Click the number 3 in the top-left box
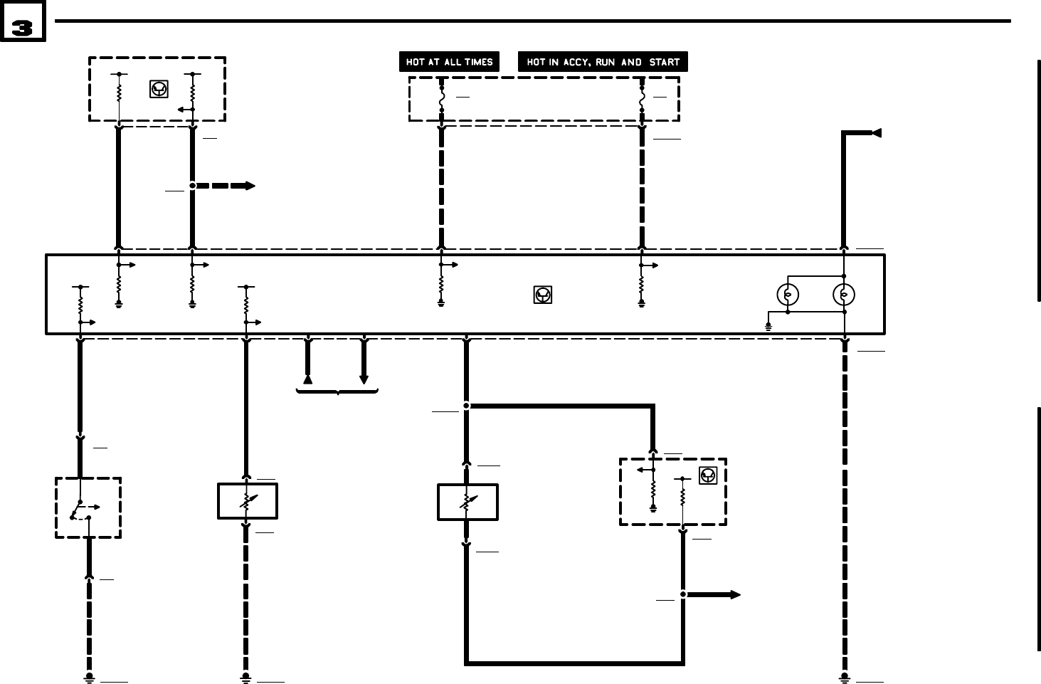pyautogui.click(x=23, y=28)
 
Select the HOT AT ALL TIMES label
pyautogui.click(x=449, y=62)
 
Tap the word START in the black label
pyautogui.click(x=664, y=62)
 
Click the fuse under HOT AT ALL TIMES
pyautogui.click(x=442, y=99)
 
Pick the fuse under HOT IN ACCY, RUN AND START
pyautogui.click(x=642, y=99)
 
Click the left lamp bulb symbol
pyautogui.click(x=787, y=294)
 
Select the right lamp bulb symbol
pyautogui.click(x=844, y=294)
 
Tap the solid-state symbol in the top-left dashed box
pyautogui.click(x=159, y=89)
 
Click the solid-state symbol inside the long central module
pyautogui.click(x=543, y=294)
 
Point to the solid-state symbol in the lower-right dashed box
pyautogui.click(x=708, y=475)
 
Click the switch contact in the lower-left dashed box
pyautogui.click(x=80, y=510)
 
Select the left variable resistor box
pyautogui.click(x=247, y=502)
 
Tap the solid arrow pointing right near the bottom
pyautogui.click(x=714, y=594)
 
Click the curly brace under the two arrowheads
pyautogui.click(x=337, y=391)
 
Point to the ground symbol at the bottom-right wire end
pyautogui.click(x=845, y=678)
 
